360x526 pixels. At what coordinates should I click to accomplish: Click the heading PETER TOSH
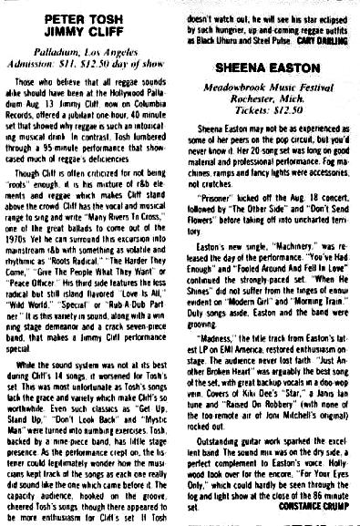[88, 15]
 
